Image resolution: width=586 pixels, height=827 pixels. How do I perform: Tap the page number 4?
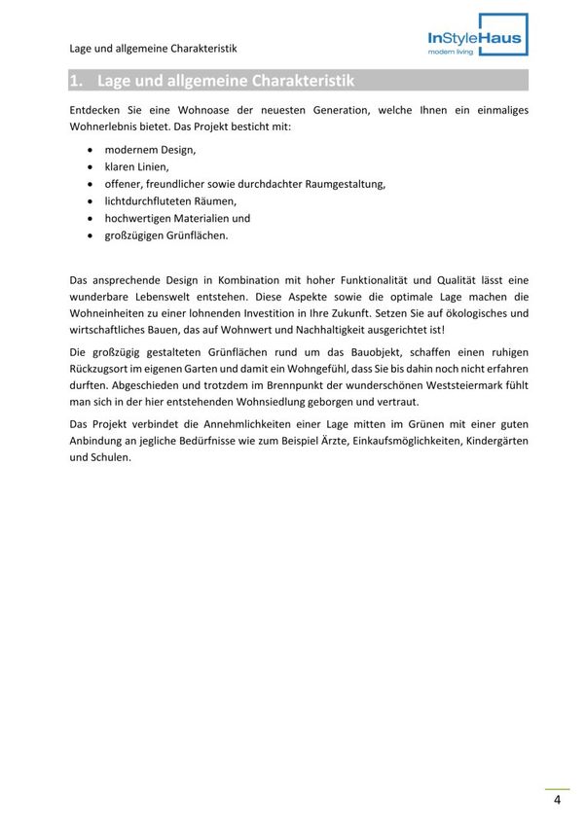557,801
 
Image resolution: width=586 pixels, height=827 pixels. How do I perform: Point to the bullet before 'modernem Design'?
91,150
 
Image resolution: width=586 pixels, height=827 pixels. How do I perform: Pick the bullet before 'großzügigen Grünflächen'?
91,234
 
